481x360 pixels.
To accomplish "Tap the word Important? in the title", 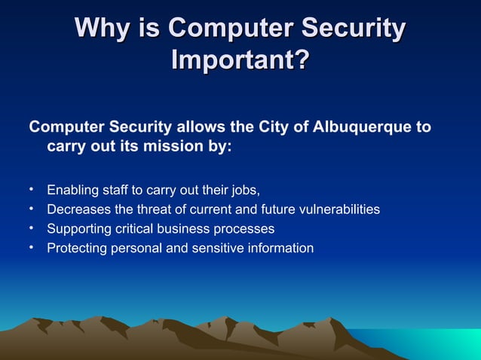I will [x=240, y=60].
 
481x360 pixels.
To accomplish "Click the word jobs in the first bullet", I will [x=243, y=189].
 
